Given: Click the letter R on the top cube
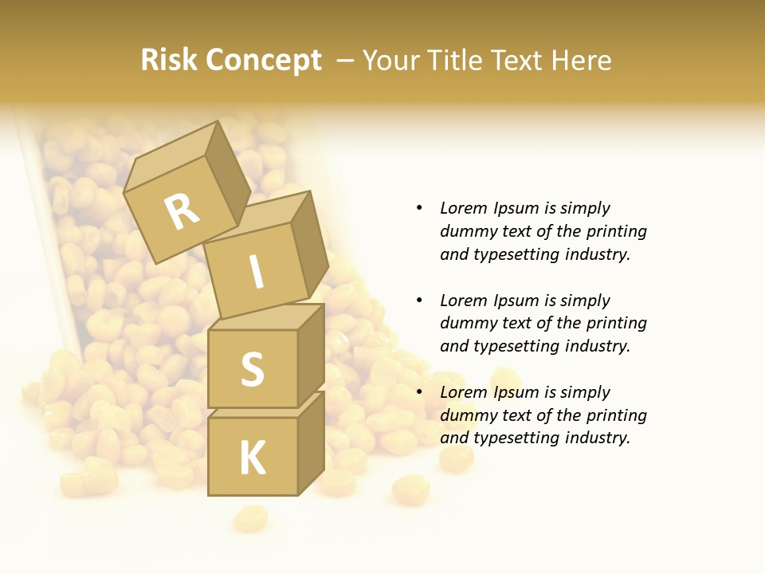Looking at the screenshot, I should [182, 211].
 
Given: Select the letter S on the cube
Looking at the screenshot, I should [252, 369].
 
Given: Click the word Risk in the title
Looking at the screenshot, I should [169, 60].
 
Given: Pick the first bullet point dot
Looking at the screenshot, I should [419, 208].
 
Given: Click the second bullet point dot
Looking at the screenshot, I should [419, 301].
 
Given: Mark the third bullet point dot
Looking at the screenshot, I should [419, 392].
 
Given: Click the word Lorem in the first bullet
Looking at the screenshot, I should [463, 208].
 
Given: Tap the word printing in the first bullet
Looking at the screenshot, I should [617, 231].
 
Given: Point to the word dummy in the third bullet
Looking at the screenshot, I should [465, 415].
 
